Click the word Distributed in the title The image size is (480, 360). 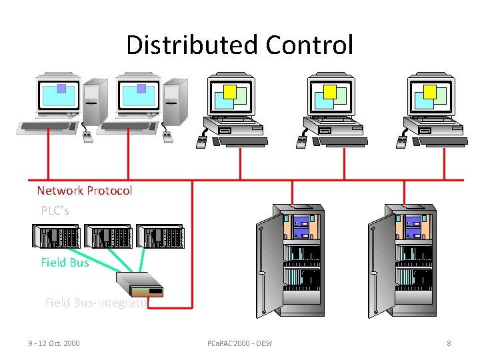point(192,45)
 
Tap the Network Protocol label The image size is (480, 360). point(85,191)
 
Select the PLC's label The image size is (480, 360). point(55,211)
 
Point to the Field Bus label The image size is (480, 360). point(65,263)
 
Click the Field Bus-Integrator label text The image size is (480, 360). point(97,303)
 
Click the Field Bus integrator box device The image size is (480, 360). point(139,284)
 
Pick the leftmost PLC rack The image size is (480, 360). point(55,237)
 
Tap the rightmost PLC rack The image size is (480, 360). point(159,237)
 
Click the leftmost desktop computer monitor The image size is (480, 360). point(59,95)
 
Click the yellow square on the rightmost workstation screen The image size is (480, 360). point(430,91)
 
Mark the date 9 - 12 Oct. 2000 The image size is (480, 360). point(54,343)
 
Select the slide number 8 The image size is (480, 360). point(449,343)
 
